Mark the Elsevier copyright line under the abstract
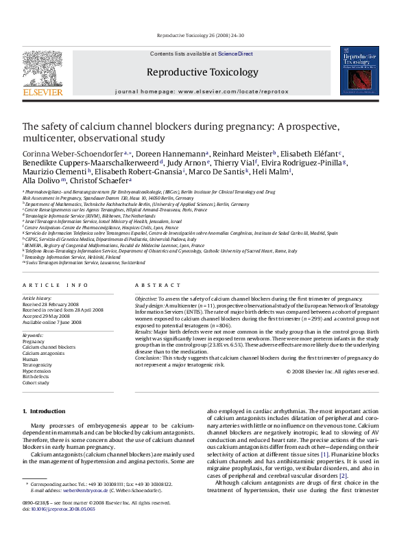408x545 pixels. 333,371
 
